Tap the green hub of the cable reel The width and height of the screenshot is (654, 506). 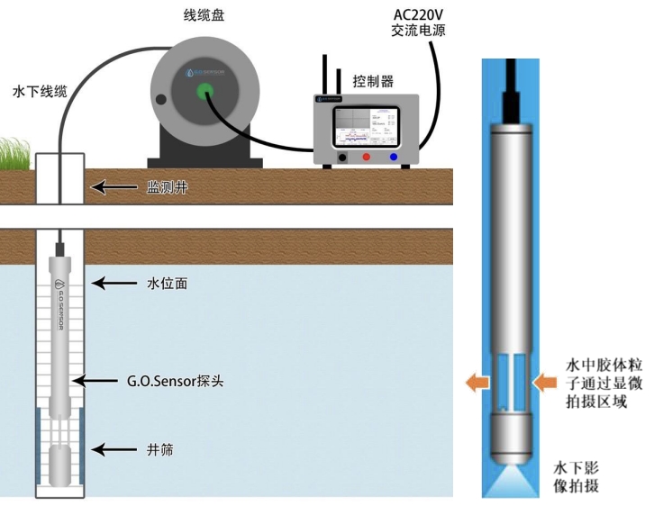[204, 90]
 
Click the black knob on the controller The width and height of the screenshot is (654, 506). [342, 158]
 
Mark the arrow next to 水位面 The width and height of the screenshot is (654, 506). [114, 284]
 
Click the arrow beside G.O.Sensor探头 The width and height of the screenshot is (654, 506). [97, 381]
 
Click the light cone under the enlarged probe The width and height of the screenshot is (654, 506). [511, 479]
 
